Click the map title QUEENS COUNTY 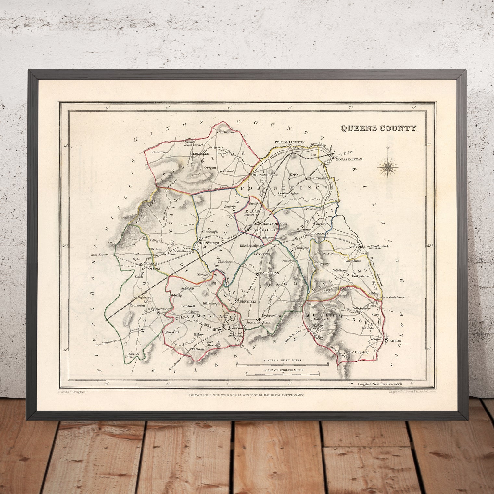click(378, 128)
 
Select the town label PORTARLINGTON click(290, 142)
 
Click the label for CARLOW click(395, 341)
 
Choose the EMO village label click(294, 175)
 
